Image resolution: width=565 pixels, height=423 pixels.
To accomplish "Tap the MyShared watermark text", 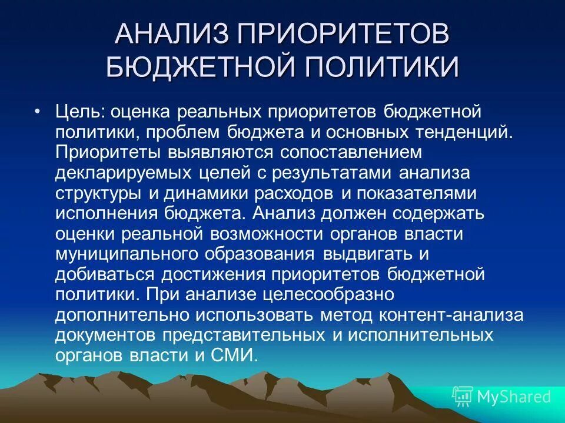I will tap(514, 397).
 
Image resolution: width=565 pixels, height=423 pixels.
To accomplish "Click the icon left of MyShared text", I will tap(463, 397).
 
